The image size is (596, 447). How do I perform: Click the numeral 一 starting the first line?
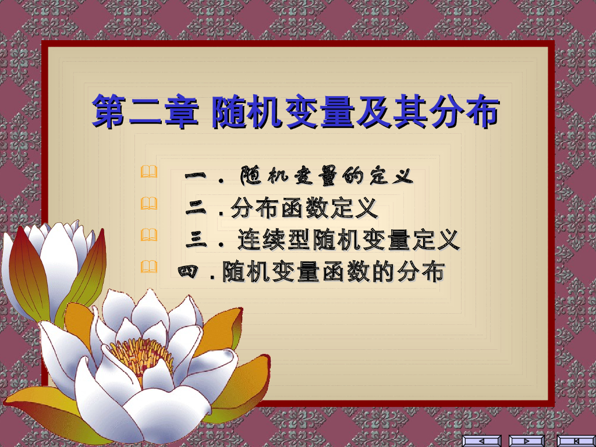click(x=196, y=175)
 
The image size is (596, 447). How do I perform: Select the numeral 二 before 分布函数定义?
click(x=196, y=208)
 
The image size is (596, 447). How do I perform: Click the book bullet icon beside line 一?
click(x=148, y=172)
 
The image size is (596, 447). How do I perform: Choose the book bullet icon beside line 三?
click(x=148, y=235)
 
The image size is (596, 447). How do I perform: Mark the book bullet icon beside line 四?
click(x=148, y=267)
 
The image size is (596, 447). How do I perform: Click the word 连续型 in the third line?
click(x=275, y=240)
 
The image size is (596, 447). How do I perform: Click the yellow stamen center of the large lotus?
click(x=140, y=353)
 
